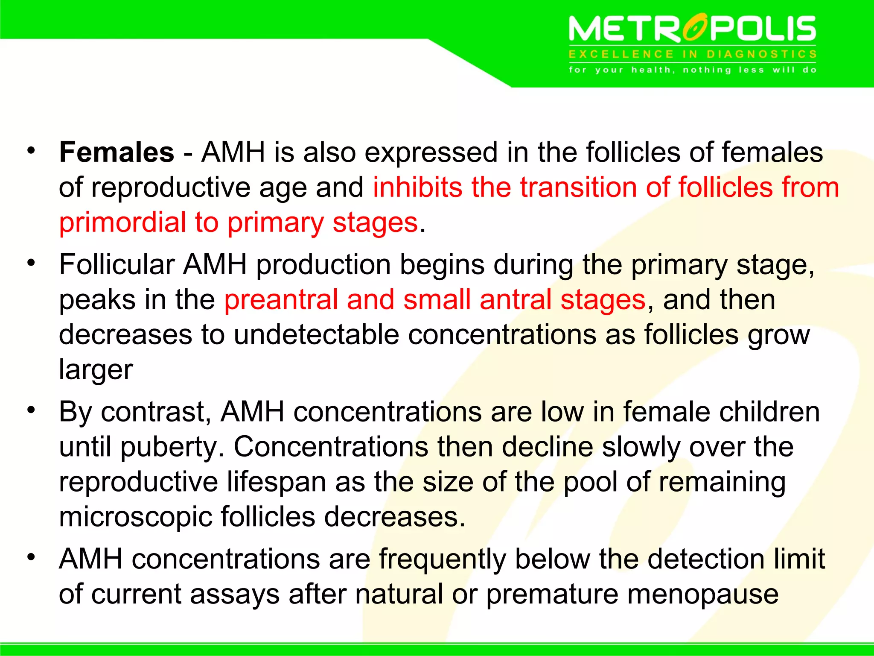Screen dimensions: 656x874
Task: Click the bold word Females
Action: (x=117, y=152)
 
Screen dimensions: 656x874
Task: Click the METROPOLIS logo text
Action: (x=692, y=29)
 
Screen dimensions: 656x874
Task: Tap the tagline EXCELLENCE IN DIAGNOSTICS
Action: (x=692, y=54)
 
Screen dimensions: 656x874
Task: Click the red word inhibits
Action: (x=417, y=187)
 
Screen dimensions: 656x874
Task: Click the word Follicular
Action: (x=117, y=265)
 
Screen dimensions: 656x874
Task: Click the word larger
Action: (x=96, y=370)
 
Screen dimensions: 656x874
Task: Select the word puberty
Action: (x=172, y=448)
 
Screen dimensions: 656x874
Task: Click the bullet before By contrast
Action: (x=31, y=410)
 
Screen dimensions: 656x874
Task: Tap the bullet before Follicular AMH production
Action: (x=31, y=263)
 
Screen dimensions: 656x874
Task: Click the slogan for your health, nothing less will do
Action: (x=692, y=70)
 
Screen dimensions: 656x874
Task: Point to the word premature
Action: (x=552, y=594)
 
